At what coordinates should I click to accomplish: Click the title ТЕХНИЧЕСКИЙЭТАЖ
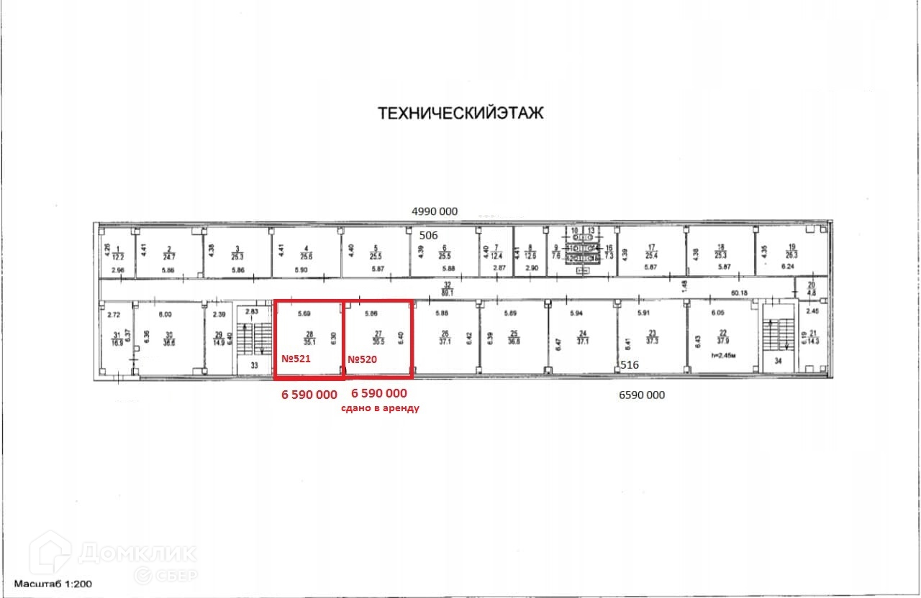(x=461, y=113)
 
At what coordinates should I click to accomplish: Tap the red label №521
(x=295, y=359)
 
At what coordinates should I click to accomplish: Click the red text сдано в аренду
(x=379, y=408)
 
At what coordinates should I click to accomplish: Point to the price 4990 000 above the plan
(x=434, y=211)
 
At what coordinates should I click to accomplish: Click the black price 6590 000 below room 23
(x=642, y=395)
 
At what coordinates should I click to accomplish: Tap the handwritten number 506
(x=429, y=235)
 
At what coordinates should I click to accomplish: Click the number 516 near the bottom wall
(x=630, y=365)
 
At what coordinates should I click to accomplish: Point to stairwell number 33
(x=254, y=365)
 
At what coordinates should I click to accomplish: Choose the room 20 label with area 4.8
(x=812, y=288)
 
